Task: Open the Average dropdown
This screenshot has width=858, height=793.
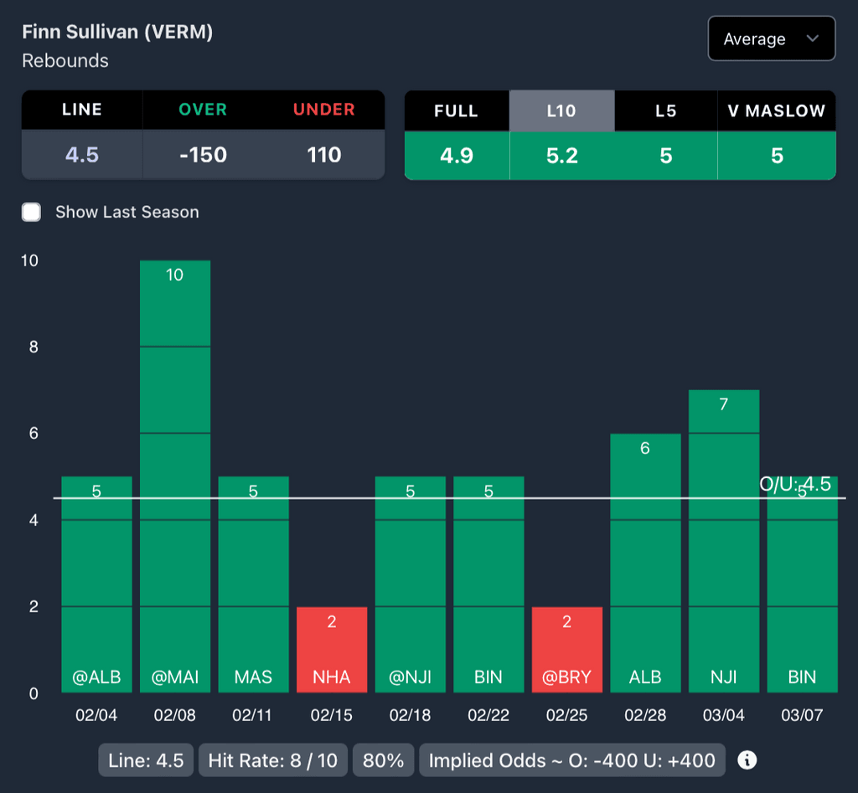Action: point(771,39)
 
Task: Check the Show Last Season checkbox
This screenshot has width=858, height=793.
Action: point(32,212)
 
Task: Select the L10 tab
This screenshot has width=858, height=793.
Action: point(561,111)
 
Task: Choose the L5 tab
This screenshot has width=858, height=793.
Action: point(665,111)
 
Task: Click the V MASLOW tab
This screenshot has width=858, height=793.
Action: point(777,111)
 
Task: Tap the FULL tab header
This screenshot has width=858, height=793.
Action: point(457,111)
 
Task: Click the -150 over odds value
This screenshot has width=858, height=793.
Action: point(203,155)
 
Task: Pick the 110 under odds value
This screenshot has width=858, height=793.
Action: point(324,155)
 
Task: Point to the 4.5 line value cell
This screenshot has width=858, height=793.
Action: point(82,155)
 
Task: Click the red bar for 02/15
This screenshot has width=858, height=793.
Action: point(332,650)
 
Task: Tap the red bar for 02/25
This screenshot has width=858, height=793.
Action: point(567,650)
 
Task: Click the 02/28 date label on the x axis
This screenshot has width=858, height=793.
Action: point(644,715)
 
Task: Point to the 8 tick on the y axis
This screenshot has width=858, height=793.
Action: point(34,347)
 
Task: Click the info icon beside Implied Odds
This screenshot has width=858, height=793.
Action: point(747,760)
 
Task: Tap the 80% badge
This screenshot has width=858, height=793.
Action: point(384,760)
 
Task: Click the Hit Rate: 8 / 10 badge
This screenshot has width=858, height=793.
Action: point(273,760)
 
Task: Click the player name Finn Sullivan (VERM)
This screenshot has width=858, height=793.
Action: point(117,32)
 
